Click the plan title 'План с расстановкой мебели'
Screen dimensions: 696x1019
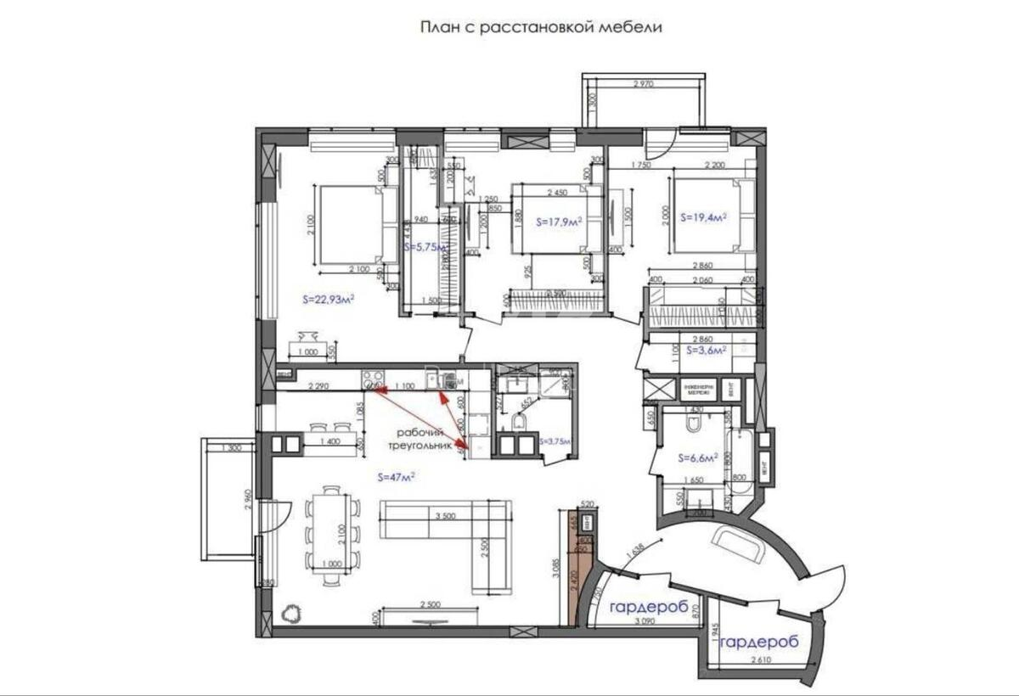pos(541,27)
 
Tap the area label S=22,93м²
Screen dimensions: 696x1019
pos(328,299)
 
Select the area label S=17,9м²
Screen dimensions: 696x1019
pos(559,222)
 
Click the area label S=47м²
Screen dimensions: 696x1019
pos(395,478)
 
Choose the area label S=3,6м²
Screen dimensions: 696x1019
pos(701,349)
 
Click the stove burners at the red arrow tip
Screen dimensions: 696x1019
pos(371,381)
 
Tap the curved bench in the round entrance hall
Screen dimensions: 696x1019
pos(739,542)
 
